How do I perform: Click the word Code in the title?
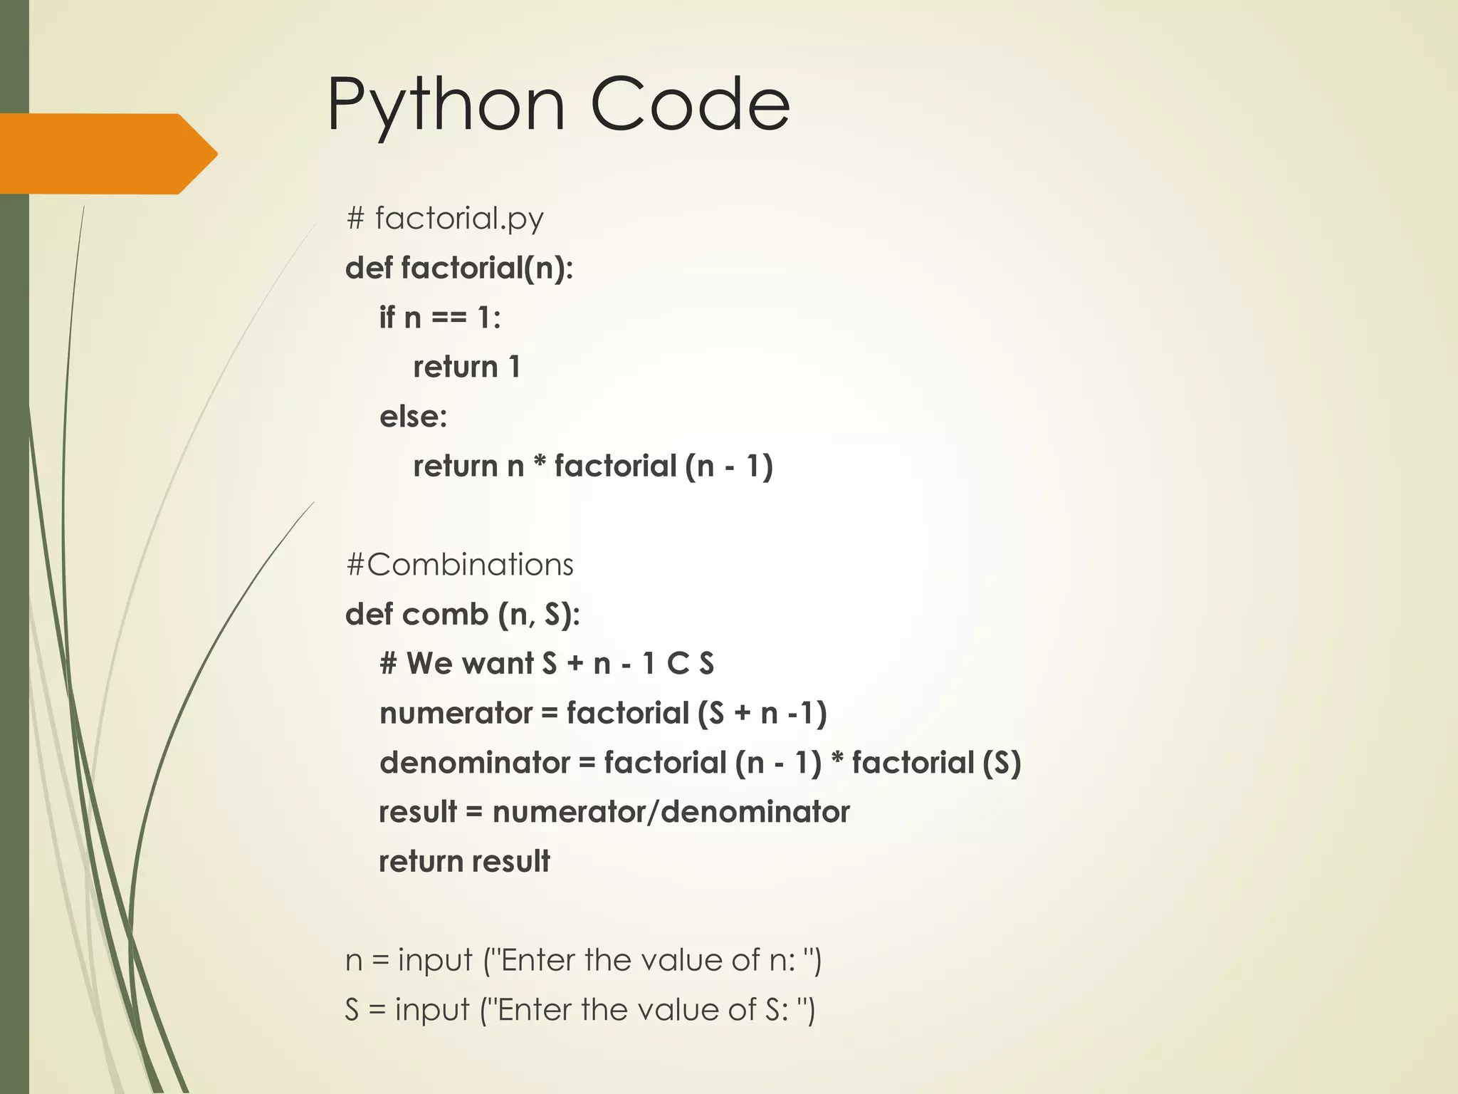[x=690, y=105]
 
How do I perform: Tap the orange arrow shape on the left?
[x=107, y=154]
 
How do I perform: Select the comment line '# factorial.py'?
[x=445, y=218]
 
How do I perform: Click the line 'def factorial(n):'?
[x=459, y=269]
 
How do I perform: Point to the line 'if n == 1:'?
[x=440, y=318]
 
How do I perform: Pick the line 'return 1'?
[x=467, y=368]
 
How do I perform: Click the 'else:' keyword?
[x=414, y=417]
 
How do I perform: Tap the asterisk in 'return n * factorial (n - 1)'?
[x=540, y=464]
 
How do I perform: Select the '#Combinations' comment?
[x=460, y=565]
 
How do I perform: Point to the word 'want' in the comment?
[x=498, y=664]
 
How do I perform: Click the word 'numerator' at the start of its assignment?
[x=456, y=714]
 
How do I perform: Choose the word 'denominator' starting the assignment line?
[x=475, y=763]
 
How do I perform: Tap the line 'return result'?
[x=464, y=862]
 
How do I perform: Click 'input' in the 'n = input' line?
[x=435, y=961]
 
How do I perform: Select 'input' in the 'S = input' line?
[x=432, y=1010]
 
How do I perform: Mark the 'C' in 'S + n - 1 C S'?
[x=678, y=664]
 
